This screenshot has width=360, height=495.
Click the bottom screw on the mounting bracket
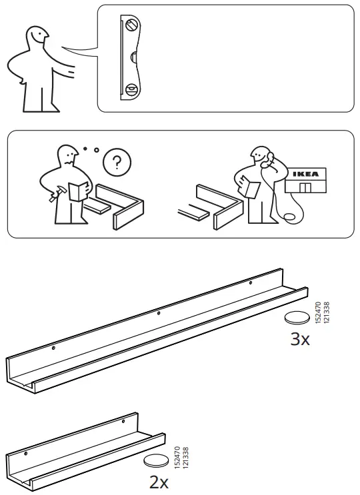click(x=131, y=88)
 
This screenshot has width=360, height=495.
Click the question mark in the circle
click(x=118, y=163)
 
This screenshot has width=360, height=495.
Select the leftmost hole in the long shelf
click(x=54, y=347)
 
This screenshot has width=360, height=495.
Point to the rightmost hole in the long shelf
click(x=251, y=284)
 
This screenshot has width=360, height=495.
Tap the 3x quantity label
click(x=300, y=340)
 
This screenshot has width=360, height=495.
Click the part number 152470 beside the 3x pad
click(x=318, y=314)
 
